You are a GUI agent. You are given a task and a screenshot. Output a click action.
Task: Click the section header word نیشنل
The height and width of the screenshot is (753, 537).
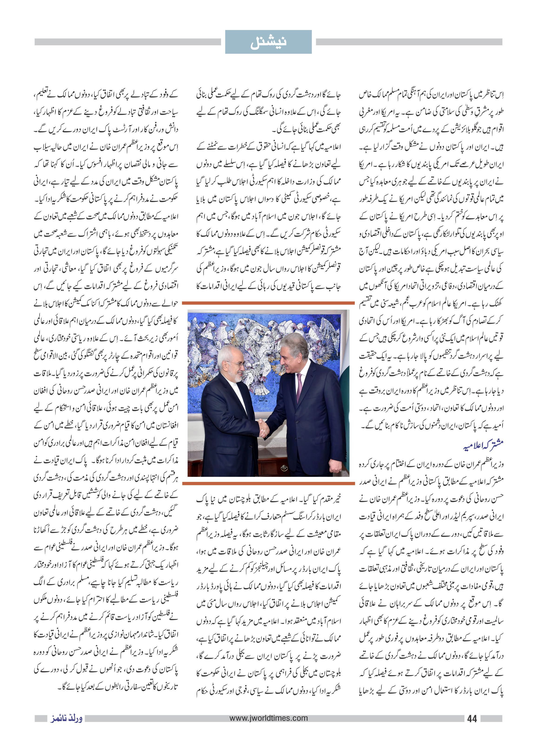pos(268,42)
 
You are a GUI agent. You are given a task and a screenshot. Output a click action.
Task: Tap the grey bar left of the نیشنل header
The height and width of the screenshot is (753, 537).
pos(127,42)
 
